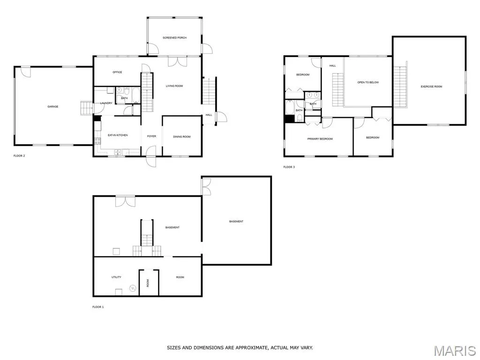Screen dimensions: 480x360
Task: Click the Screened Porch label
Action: [x=174, y=37]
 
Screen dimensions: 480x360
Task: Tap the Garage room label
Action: [x=52, y=106]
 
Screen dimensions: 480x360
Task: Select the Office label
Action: [x=117, y=72]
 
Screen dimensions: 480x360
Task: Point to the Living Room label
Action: [x=174, y=86]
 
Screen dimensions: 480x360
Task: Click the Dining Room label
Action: [x=182, y=137]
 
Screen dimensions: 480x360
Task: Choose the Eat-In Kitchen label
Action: [x=118, y=135]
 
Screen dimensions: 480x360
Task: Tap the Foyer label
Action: [x=151, y=136]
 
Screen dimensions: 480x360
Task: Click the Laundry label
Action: [x=106, y=103]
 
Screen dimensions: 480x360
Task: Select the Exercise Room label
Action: [x=431, y=87]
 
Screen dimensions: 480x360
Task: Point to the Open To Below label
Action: [x=368, y=82]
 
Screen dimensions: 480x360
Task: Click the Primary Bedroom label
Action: [x=320, y=139]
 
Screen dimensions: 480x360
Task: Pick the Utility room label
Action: [x=116, y=277]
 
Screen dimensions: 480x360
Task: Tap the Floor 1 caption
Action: [x=98, y=307]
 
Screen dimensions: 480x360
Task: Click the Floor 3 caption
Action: [x=289, y=167]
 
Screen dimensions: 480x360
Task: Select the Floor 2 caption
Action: [x=19, y=156]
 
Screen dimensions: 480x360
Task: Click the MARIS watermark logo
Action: [x=455, y=351]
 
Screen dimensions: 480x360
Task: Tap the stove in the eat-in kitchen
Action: [x=97, y=141]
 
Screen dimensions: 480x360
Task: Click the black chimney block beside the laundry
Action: [x=97, y=118]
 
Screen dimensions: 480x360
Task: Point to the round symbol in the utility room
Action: [x=133, y=288]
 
